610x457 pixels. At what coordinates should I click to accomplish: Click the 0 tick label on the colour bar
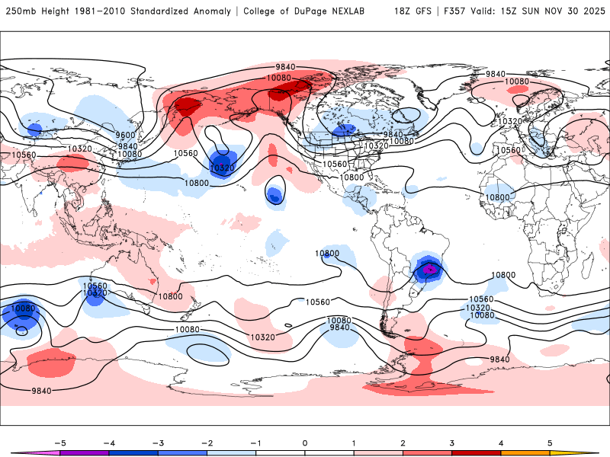304,443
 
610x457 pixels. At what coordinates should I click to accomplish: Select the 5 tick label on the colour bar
550,443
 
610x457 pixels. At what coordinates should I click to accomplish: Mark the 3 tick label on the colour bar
451,443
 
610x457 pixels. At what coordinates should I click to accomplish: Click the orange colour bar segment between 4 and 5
525,452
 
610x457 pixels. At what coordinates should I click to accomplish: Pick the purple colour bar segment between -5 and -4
85,452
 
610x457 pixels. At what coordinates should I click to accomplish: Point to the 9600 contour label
125,136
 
